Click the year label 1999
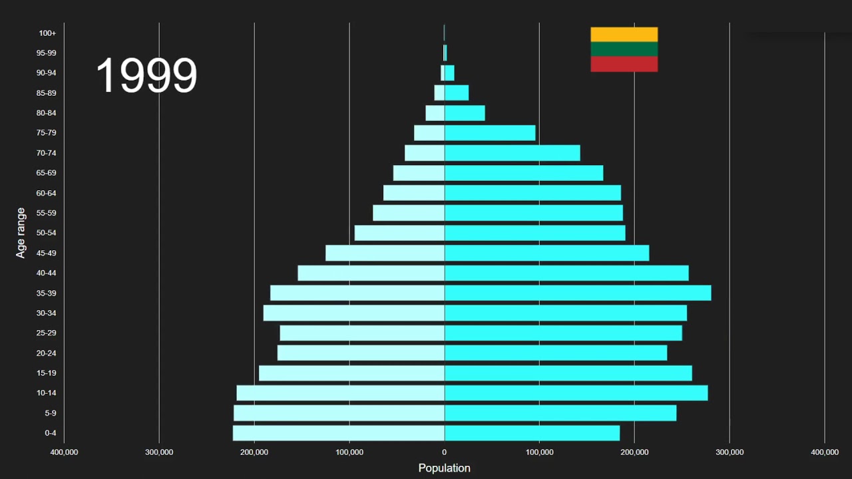(146, 75)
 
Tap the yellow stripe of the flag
(624, 35)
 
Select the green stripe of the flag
(624, 49)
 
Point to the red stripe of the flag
(624, 64)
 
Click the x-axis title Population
(444, 468)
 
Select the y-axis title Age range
(21, 233)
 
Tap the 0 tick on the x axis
(444, 452)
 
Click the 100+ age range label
(47, 33)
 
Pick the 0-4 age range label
(50, 433)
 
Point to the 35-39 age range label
(46, 293)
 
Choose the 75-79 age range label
(46, 133)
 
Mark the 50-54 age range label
(46, 233)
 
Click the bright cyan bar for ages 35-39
(578, 293)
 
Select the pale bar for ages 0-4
(339, 433)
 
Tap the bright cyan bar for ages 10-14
(576, 393)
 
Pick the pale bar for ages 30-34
(354, 313)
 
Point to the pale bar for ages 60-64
(414, 193)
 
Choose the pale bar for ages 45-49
(385, 253)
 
